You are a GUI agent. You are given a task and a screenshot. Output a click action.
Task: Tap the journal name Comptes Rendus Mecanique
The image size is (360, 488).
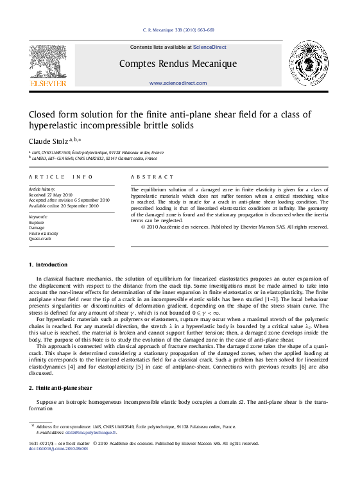(178, 64)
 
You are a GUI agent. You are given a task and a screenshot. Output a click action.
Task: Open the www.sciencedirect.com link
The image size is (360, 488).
(178, 83)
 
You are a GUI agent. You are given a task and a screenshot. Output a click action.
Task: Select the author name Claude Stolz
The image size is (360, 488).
(50, 141)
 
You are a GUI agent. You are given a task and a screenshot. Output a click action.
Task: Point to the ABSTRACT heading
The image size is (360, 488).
(151, 177)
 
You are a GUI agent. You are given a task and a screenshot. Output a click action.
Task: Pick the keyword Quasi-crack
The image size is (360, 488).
(40, 238)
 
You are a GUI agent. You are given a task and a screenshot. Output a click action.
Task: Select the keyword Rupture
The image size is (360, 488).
(37, 222)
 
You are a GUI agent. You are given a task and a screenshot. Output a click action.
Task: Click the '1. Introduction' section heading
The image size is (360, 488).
(48, 265)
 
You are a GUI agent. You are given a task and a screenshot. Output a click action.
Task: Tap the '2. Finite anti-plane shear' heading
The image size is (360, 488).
(60, 388)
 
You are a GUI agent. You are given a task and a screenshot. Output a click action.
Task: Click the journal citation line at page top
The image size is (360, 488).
(178, 30)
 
